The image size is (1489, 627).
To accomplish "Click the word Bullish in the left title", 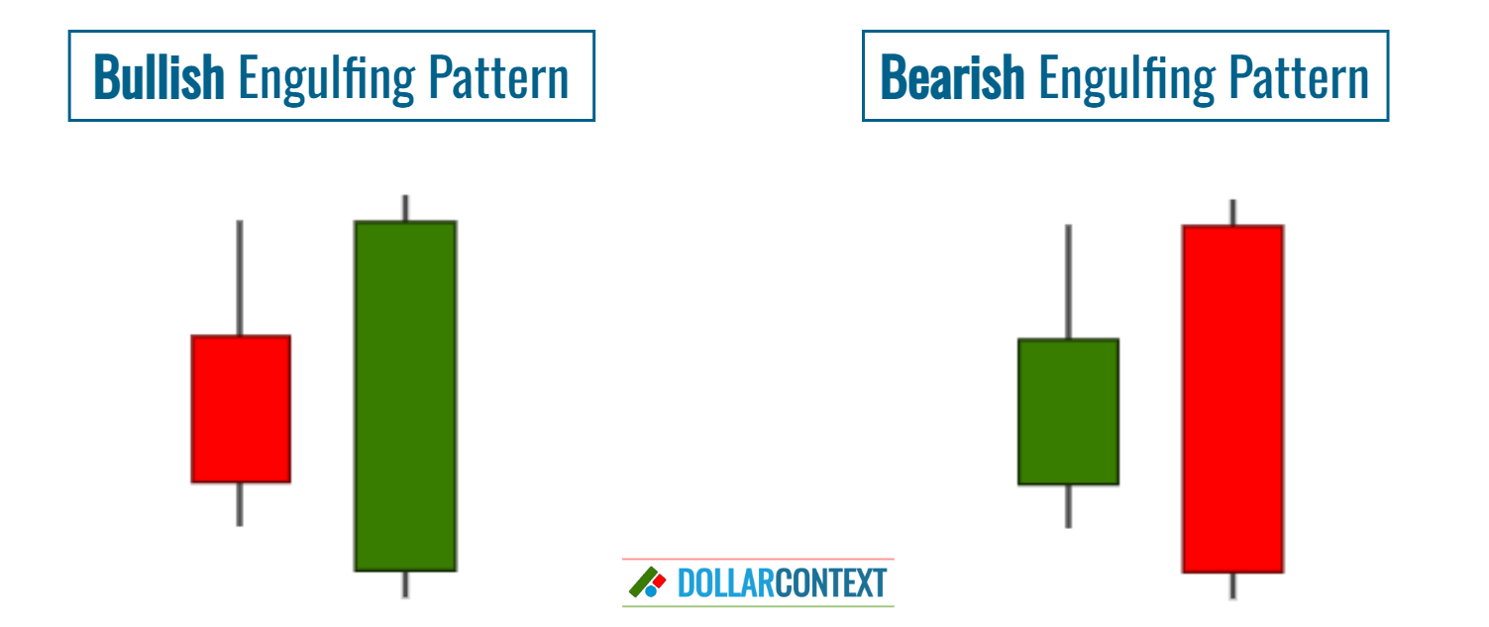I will (x=159, y=77).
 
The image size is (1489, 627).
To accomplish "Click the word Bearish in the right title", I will (x=951, y=77).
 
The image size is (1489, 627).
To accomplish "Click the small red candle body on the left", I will (x=241, y=408).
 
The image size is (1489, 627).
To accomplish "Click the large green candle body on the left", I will (x=405, y=395).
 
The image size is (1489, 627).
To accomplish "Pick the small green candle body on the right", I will (x=1068, y=411).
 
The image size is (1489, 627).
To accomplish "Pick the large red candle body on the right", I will (x=1232, y=398).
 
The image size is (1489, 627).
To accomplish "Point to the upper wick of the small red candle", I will (x=240, y=277).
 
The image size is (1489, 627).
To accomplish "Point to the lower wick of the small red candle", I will (x=240, y=504).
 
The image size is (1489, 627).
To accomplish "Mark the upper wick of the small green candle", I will (x=1068, y=281).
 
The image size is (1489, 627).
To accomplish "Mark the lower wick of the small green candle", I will (x=1068, y=506).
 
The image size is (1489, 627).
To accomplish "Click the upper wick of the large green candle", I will (x=405, y=208).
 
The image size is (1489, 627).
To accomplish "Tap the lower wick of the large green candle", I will (x=405, y=584).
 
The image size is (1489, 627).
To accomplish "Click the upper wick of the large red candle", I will (x=1232, y=212).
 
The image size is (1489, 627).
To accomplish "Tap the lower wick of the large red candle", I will (x=1232, y=586).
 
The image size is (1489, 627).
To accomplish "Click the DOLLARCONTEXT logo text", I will (x=782, y=583).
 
